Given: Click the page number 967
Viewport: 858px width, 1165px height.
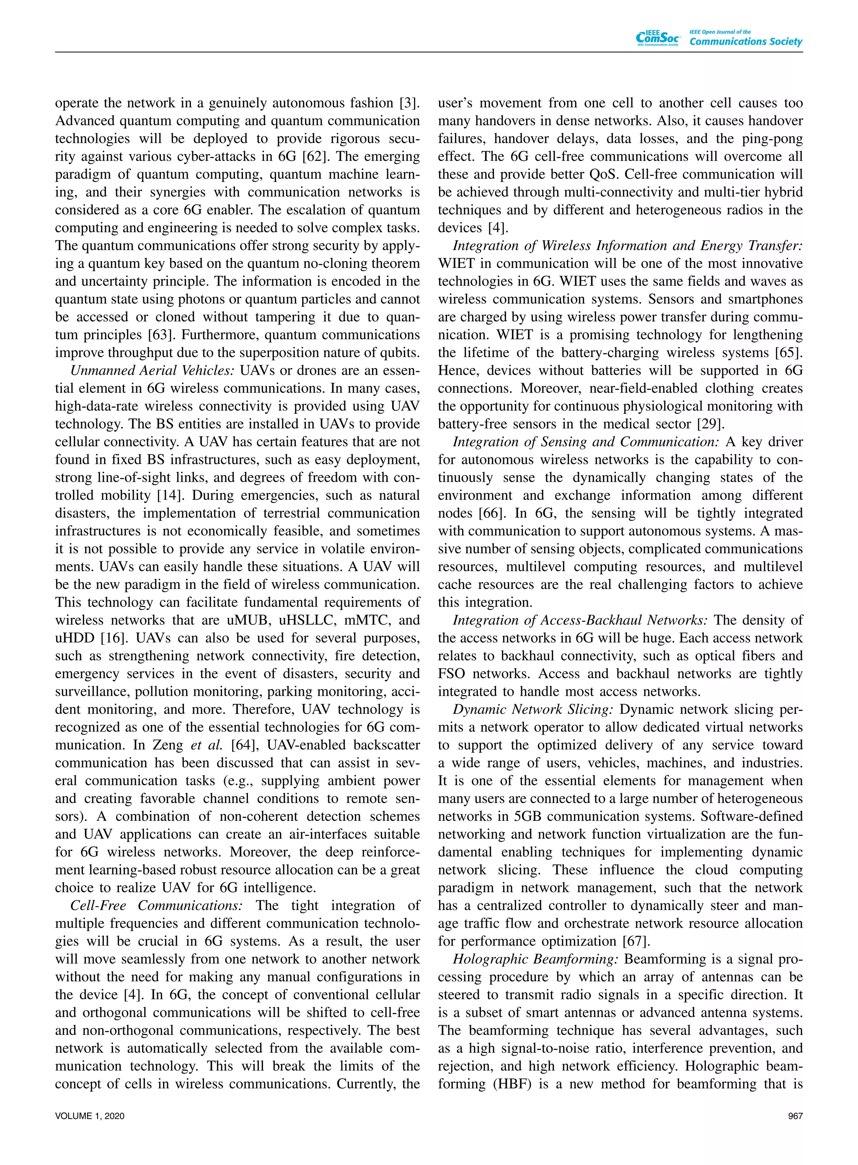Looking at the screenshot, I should click(x=795, y=1116).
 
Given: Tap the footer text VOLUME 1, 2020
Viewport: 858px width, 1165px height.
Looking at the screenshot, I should click(x=89, y=1116).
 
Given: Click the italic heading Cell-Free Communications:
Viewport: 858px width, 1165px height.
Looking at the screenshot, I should click(x=156, y=905).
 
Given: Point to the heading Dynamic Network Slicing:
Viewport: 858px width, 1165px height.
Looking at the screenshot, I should click(x=533, y=709).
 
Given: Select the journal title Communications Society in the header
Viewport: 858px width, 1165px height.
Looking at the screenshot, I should click(x=745, y=42).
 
